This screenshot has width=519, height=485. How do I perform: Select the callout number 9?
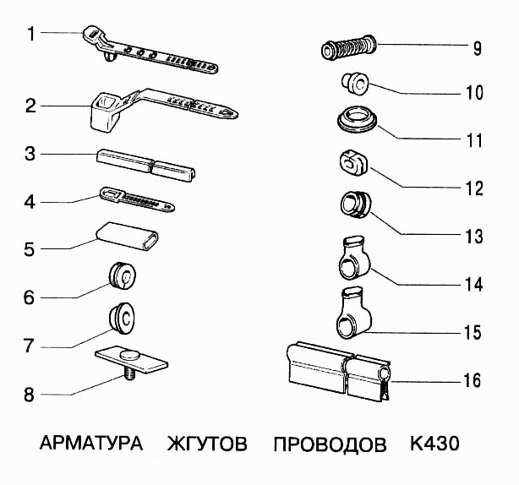[x=478, y=48]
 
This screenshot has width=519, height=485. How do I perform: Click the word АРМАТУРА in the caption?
[x=90, y=444]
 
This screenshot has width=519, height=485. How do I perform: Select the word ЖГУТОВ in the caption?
[x=207, y=444]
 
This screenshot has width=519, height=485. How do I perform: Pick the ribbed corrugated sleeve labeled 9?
[x=348, y=47]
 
